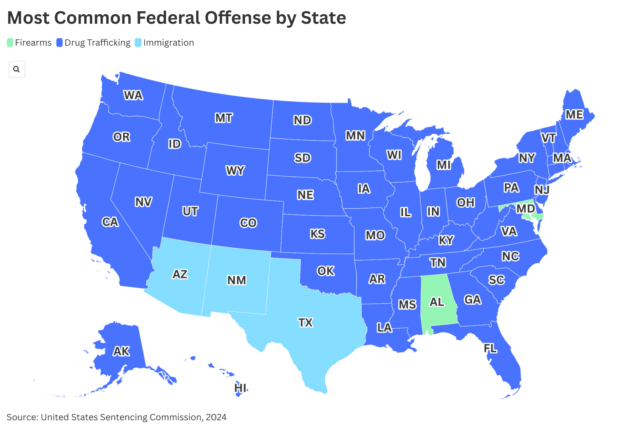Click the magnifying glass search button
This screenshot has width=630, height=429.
(17, 69)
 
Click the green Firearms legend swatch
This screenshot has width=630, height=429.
(10, 43)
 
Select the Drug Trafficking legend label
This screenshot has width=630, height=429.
(97, 43)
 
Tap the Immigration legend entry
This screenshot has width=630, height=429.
(168, 43)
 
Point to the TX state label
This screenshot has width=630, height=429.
(305, 322)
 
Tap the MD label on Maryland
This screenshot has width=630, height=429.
(525, 208)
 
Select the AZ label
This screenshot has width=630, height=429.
(180, 274)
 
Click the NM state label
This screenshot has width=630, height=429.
(237, 280)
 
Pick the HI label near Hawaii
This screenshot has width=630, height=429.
(240, 388)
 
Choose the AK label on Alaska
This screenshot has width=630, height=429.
(121, 351)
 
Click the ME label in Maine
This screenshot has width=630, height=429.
(574, 114)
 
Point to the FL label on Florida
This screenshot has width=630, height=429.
(490, 348)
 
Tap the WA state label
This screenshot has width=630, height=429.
(133, 95)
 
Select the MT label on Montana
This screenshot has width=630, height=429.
(224, 118)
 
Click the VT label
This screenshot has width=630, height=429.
(549, 138)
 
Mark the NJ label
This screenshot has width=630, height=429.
(542, 190)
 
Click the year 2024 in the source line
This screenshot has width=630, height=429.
(216, 417)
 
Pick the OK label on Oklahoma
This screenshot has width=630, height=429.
(326, 271)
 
